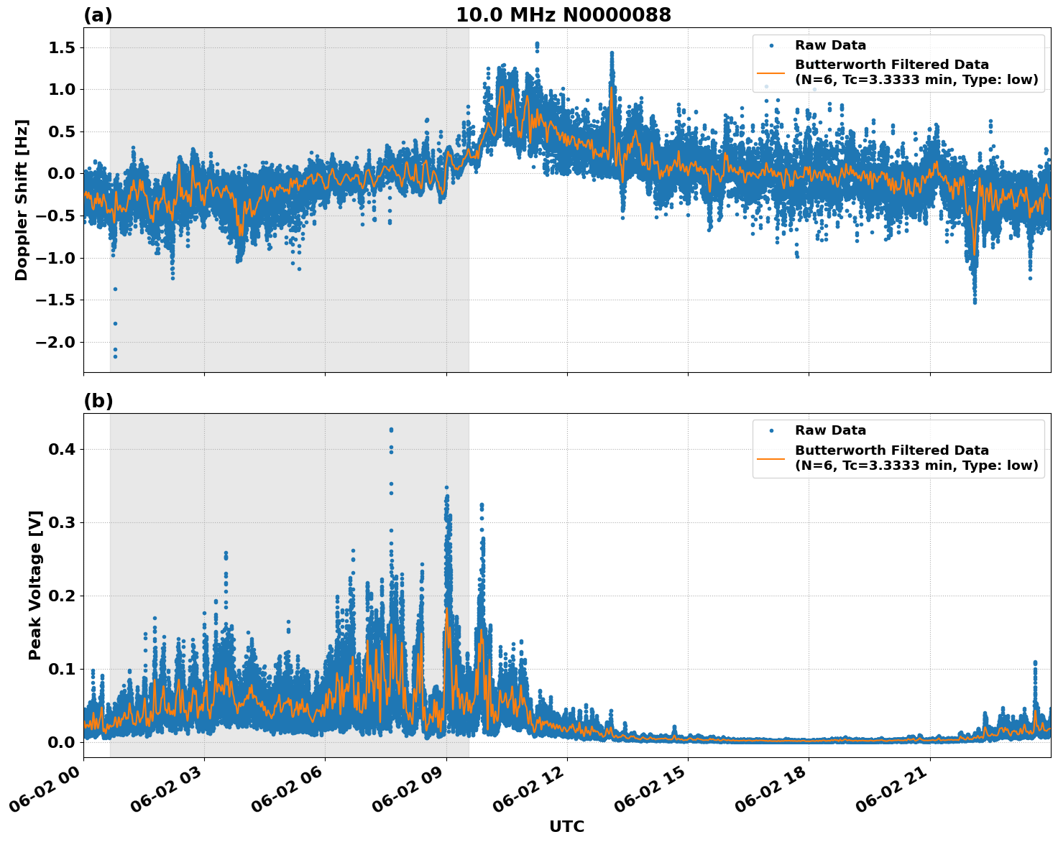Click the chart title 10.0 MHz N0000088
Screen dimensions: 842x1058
tap(563, 15)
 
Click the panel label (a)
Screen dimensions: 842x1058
tap(98, 15)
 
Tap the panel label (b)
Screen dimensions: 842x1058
tap(98, 401)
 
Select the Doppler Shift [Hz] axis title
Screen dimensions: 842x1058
tap(22, 200)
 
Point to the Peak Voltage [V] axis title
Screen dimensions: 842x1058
tap(35, 585)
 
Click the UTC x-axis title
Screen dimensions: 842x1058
tap(566, 826)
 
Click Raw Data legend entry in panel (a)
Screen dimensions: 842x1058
tap(830, 45)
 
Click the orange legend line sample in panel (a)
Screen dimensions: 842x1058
tap(771, 73)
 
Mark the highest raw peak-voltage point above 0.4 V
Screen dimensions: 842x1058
tap(391, 430)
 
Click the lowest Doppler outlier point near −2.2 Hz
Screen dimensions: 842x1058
tap(115, 356)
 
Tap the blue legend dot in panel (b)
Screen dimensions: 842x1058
tap(771, 430)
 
